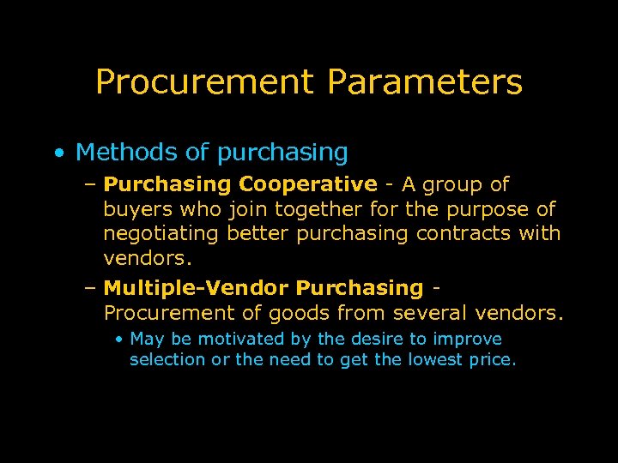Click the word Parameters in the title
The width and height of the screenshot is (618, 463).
(x=424, y=82)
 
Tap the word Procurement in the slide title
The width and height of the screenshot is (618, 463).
(x=206, y=82)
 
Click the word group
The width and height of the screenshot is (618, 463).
(x=453, y=184)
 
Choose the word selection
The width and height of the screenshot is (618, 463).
(x=167, y=360)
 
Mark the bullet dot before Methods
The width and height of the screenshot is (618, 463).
(x=57, y=153)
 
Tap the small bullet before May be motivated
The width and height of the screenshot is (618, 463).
(x=120, y=340)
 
